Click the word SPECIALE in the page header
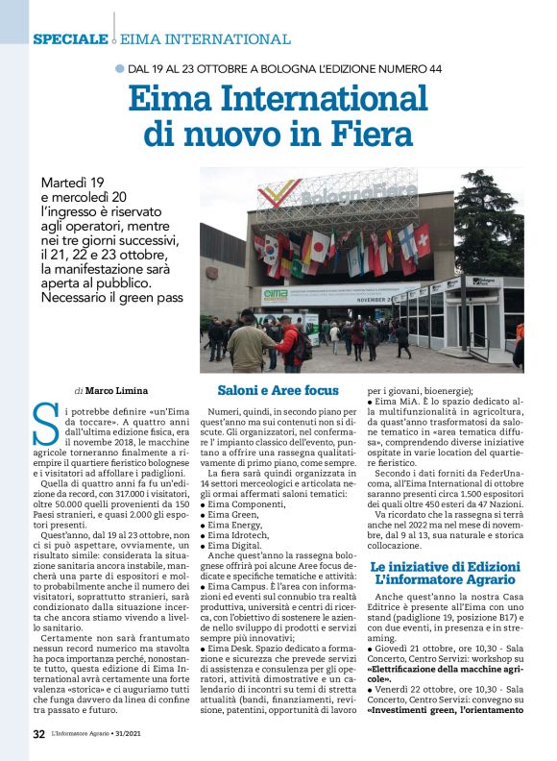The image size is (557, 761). pyautogui.click(x=70, y=39)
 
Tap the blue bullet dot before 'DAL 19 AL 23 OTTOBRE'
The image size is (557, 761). pyautogui.click(x=119, y=69)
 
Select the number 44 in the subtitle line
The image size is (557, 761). pyautogui.click(x=431, y=69)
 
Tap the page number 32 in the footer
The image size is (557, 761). pyautogui.click(x=39, y=734)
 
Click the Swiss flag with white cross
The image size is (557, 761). pyautogui.click(x=421, y=239)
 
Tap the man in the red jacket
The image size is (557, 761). pyautogui.click(x=287, y=343)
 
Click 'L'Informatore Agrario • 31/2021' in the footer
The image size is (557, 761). pyautogui.click(x=102, y=734)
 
